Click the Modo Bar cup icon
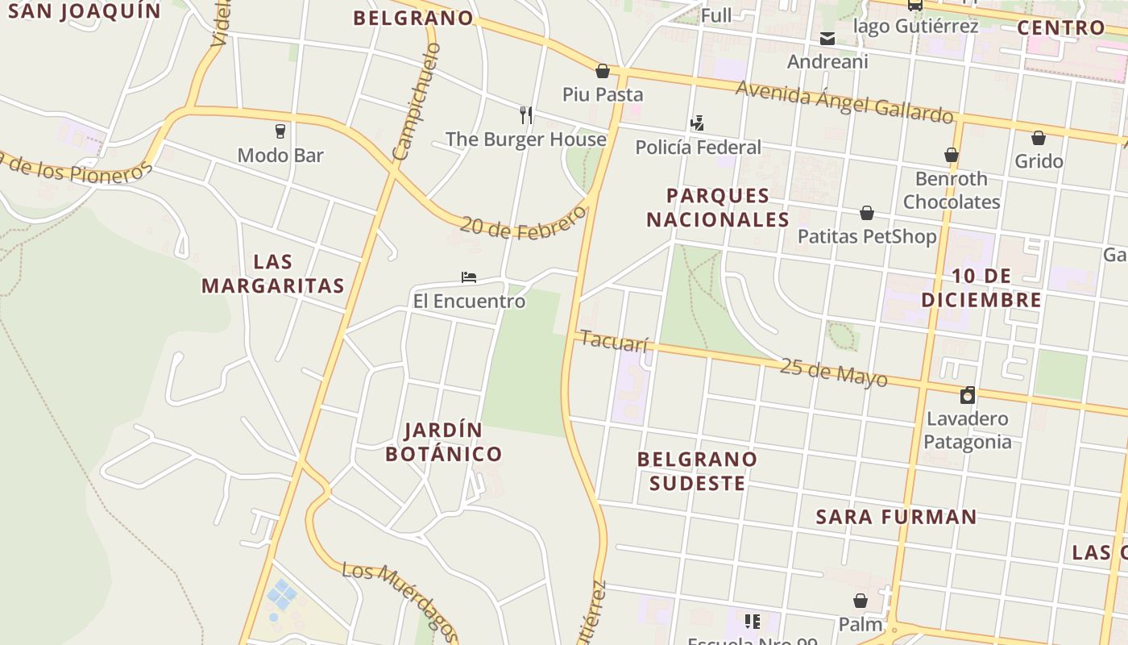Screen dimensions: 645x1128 coord(280,131)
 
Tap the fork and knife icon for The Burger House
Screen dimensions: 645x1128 coord(526,115)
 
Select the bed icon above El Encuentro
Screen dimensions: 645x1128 coord(469,277)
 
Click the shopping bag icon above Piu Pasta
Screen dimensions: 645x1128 coord(602,71)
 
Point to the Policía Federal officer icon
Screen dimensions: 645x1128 coord(698,123)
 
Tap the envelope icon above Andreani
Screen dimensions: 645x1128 coord(827,38)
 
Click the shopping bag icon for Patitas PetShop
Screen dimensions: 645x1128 coord(867,213)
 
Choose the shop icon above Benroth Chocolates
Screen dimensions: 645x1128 coord(952,155)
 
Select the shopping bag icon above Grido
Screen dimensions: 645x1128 coord(1039,138)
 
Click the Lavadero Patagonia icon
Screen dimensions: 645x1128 coord(968,395)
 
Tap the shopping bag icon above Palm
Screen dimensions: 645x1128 coord(861,601)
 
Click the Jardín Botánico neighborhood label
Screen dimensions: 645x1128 coord(443,442)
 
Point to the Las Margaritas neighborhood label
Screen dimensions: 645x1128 coord(273,273)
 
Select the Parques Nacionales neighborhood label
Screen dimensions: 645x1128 coord(718,207)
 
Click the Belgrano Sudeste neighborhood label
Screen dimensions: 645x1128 coord(698,471)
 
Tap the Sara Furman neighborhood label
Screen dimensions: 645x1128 coord(896,517)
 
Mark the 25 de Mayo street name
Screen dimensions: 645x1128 coord(833,372)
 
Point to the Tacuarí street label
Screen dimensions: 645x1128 coord(614,341)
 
